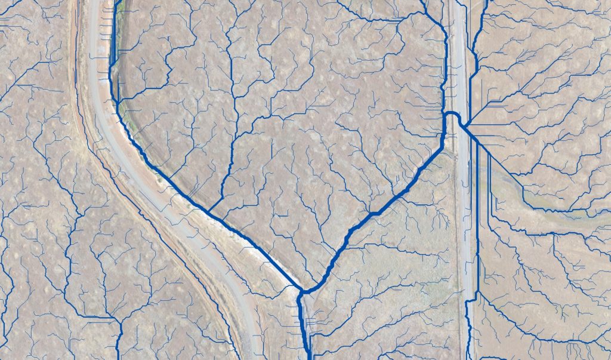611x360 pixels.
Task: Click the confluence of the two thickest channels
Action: coord(304,291)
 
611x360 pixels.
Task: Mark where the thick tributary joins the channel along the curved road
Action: coord(209,211)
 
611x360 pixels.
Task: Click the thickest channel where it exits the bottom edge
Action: coord(308,355)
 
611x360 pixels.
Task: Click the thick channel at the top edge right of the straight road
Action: coord(484,5)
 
